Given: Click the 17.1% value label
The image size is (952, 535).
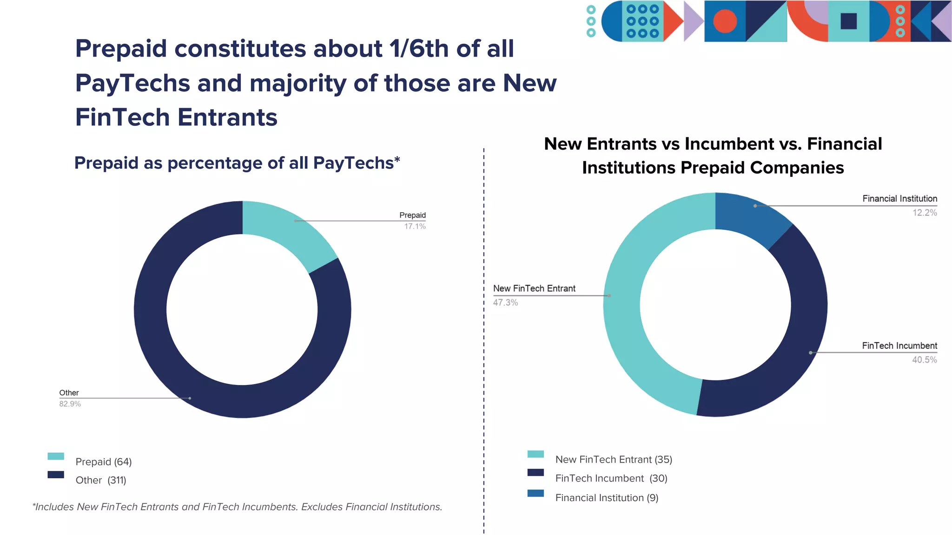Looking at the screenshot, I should click(415, 227).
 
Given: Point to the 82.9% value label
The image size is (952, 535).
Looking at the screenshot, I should click(70, 404).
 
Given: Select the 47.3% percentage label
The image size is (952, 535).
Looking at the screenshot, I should click(505, 303).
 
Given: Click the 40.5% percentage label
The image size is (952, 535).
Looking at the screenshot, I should click(924, 360).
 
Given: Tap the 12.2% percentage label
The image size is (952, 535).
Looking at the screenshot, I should click(925, 213).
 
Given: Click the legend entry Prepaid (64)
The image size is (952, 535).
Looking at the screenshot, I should click(103, 462).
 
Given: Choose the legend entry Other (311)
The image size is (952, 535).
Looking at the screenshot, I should click(101, 480).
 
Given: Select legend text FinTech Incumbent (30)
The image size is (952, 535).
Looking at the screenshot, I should click(611, 478).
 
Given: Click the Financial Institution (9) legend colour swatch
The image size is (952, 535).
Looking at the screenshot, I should click(535, 493).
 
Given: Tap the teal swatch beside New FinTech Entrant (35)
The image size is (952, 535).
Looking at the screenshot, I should click(535, 454).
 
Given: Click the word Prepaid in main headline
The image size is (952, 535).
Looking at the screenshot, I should click(121, 49).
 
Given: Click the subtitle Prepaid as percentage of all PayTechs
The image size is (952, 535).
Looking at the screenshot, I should click(237, 163).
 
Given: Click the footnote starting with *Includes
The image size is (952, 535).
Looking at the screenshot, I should click(237, 507).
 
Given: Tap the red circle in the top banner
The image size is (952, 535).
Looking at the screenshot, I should click(725, 21).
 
